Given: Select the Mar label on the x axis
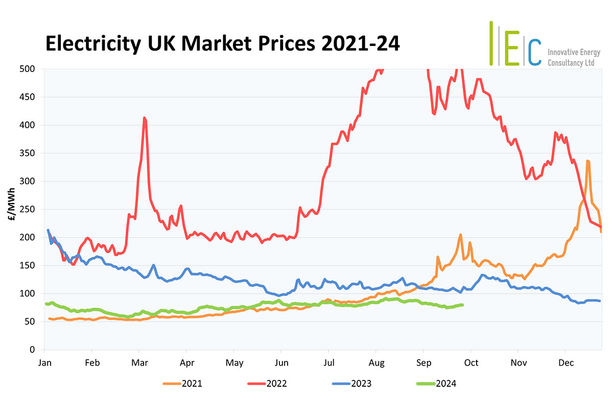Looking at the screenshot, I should [139, 363].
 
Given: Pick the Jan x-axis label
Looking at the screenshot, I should [44, 363].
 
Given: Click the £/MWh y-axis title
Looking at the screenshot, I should [11, 210].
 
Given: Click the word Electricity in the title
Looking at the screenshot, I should [92, 44].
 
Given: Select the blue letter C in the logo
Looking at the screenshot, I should [534, 51].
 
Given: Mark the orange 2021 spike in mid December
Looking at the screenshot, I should [588, 161].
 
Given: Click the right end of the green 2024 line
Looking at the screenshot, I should [462, 305].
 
